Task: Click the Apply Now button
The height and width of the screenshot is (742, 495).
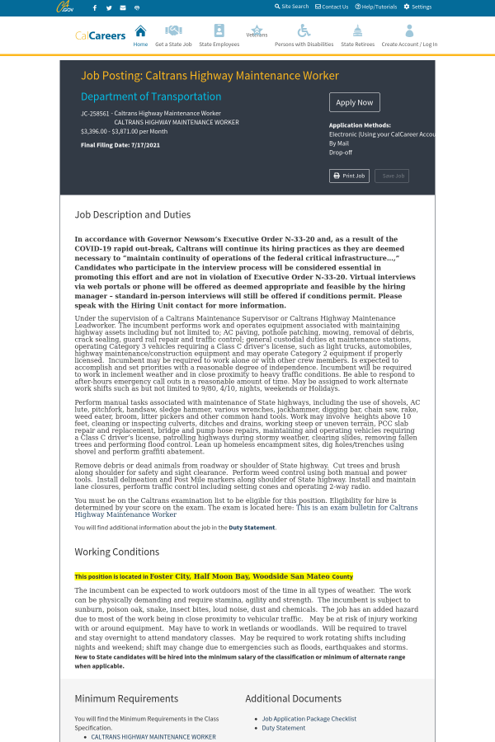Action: [x=355, y=102]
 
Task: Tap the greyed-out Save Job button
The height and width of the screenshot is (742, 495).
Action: [x=392, y=176]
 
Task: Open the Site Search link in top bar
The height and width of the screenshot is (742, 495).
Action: [x=291, y=7]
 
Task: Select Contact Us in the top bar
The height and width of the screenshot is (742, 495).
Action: [x=332, y=7]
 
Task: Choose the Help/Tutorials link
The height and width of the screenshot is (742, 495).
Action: [x=375, y=7]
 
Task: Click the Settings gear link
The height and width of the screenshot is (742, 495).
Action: [x=417, y=7]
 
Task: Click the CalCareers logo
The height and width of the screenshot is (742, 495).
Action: [x=101, y=35]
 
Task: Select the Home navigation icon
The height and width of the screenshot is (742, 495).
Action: [x=140, y=35]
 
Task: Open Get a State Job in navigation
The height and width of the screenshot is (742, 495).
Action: [x=173, y=35]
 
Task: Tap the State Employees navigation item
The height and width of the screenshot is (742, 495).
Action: [x=219, y=35]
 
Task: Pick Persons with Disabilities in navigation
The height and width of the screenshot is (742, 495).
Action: [x=304, y=35]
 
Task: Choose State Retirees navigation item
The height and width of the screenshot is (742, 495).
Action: [x=357, y=35]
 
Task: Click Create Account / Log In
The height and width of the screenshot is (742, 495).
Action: [x=409, y=35]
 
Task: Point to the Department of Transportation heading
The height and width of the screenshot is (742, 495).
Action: [x=151, y=96]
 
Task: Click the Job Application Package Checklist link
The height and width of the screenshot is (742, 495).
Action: [x=309, y=719]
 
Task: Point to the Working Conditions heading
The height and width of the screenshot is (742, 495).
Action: [x=118, y=552]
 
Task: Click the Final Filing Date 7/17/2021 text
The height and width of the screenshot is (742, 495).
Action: [x=120, y=145]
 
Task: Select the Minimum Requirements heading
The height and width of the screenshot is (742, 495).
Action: [x=126, y=698]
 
